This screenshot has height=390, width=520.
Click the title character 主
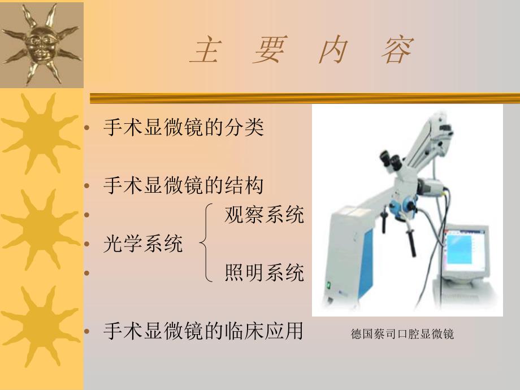pyautogui.click(x=204, y=51)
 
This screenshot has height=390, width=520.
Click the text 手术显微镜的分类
pyautogui.click(x=183, y=127)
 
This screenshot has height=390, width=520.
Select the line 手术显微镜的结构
pyautogui.click(x=183, y=185)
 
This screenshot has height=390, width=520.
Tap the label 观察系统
pyautogui.click(x=264, y=214)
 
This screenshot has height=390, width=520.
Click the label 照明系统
pyautogui.click(x=264, y=273)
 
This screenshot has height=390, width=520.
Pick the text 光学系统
pyautogui.click(x=143, y=244)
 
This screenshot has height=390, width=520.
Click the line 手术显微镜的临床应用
pyautogui.click(x=203, y=331)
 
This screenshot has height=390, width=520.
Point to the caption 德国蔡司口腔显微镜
pyautogui.click(x=402, y=334)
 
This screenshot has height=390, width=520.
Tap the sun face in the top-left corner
pyautogui.click(x=41, y=44)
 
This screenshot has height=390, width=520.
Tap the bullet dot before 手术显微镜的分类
pyautogui.click(x=86, y=128)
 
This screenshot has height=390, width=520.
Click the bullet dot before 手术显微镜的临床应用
pyautogui.click(x=86, y=332)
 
